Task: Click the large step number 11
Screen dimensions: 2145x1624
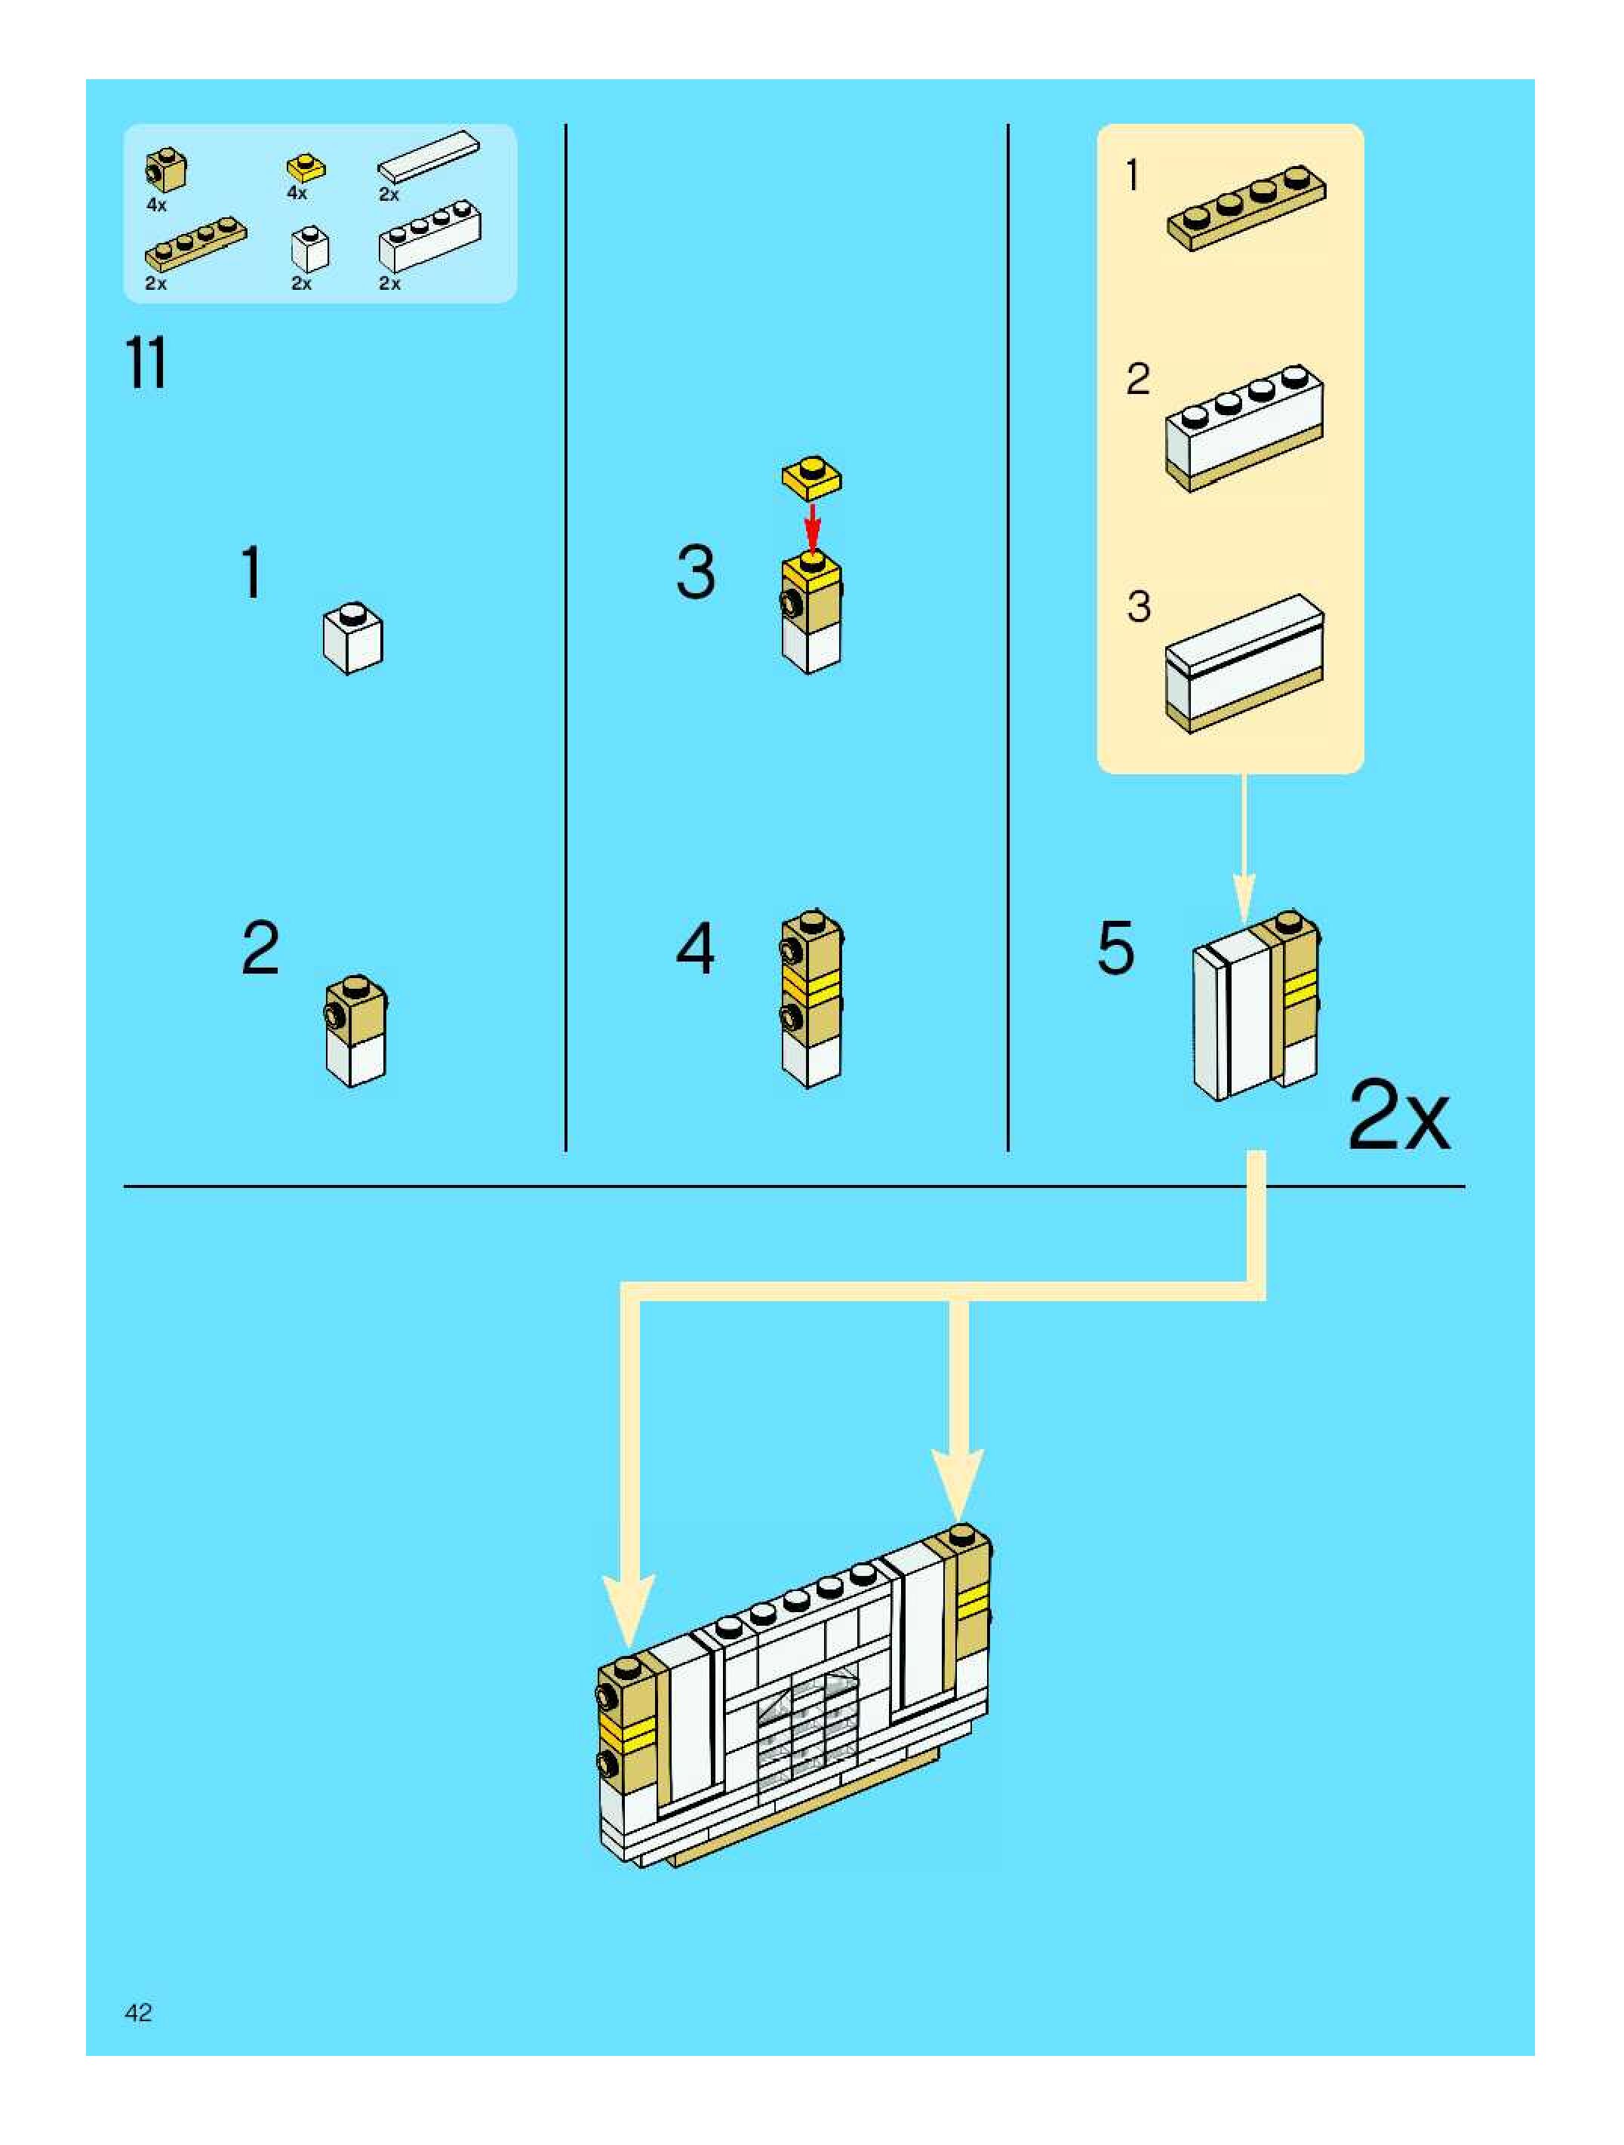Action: (x=146, y=364)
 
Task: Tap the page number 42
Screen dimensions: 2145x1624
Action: (x=139, y=2012)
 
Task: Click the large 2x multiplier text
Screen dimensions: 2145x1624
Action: (x=1398, y=1117)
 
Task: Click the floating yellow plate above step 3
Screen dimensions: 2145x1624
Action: (x=811, y=477)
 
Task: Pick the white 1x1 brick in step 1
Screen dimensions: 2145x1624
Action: (x=353, y=637)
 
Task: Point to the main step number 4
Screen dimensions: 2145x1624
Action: (x=695, y=949)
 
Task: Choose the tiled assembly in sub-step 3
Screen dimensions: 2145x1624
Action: (x=1244, y=664)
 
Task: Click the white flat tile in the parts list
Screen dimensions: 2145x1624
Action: (x=429, y=156)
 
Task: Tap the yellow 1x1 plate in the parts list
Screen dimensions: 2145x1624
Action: (x=306, y=168)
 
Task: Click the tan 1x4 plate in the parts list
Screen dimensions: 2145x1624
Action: (x=196, y=242)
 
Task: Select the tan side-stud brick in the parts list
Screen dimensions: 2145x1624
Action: (x=167, y=171)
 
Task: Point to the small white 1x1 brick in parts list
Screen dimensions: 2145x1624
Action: (x=309, y=249)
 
